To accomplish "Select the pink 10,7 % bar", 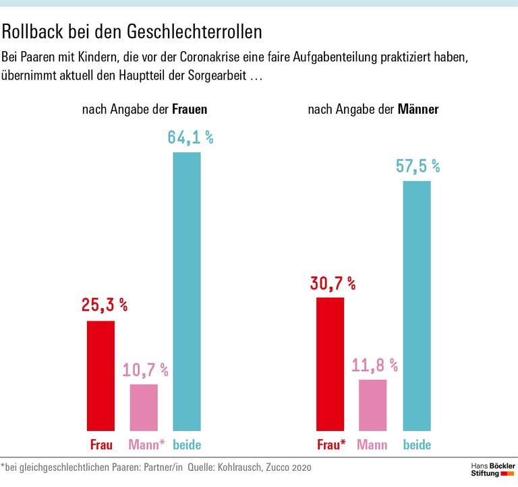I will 144,407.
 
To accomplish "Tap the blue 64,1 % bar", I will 187,291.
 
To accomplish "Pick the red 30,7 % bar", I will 330,364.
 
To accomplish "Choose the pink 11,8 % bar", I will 373,405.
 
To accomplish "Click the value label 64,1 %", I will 190,138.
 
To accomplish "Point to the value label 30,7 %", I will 333,283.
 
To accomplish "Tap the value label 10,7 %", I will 145,370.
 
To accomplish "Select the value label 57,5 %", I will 418,166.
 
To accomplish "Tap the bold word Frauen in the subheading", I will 190,109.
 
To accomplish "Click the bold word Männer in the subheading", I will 418,109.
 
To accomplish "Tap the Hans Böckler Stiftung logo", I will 492,469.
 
